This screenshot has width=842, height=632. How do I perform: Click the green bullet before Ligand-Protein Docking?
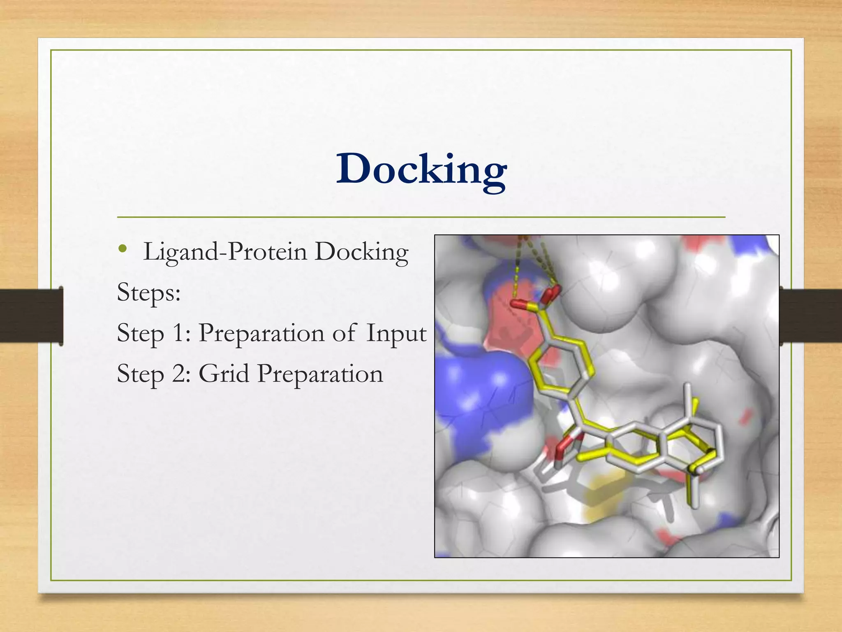coord(122,249)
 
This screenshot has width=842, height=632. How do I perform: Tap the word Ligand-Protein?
coord(225,252)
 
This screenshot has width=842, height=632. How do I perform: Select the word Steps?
coord(149,293)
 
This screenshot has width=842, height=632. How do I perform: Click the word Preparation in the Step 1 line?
coord(262,333)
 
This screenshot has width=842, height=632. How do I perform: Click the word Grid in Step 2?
coord(224,374)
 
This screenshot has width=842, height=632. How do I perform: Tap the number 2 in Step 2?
coord(179,374)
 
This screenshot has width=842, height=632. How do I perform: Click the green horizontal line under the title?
coord(421,217)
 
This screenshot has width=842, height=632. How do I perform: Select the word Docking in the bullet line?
coord(361,252)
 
